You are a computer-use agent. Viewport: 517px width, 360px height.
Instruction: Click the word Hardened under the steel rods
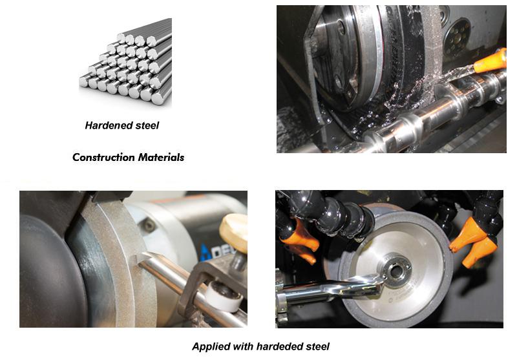click(x=104, y=125)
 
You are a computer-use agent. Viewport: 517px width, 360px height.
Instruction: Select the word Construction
click(x=103, y=157)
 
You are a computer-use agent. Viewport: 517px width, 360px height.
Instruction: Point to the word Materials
click(x=161, y=157)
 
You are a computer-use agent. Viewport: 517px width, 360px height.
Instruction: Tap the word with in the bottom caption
click(x=243, y=346)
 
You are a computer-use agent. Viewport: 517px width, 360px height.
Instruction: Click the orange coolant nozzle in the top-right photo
click(x=490, y=61)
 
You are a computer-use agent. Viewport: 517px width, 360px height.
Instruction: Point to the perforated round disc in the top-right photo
click(x=457, y=36)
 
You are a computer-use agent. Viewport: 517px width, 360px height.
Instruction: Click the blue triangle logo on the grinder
click(x=204, y=253)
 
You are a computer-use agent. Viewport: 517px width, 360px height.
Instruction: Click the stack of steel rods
click(x=125, y=62)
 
